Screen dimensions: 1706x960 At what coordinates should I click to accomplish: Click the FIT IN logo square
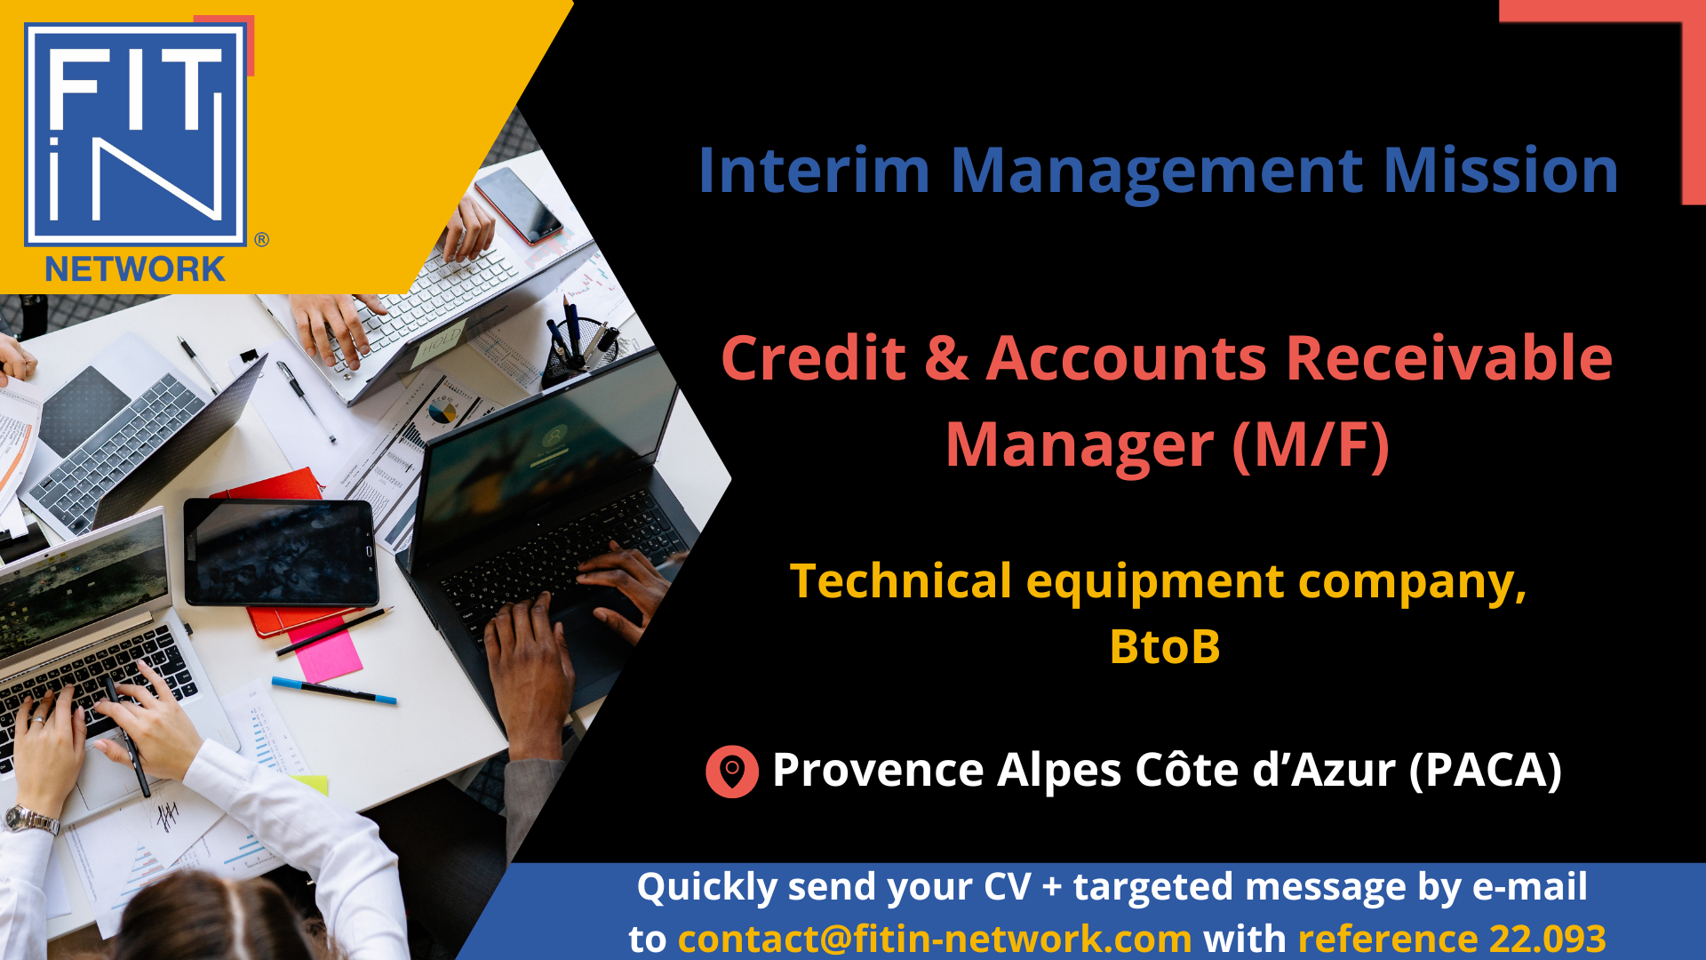(135, 133)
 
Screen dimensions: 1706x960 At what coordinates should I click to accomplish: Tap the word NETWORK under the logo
(135, 269)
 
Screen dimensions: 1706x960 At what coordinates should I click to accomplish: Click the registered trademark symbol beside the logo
(261, 239)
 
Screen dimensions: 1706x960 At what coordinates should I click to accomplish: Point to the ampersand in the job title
(946, 358)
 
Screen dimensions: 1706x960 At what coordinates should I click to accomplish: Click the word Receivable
(1448, 358)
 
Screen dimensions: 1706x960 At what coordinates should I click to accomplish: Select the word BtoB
(1165, 646)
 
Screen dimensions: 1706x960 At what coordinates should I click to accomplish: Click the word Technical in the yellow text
(901, 581)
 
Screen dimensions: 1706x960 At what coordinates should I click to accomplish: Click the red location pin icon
(732, 771)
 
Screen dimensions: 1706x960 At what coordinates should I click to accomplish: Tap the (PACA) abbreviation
(1486, 770)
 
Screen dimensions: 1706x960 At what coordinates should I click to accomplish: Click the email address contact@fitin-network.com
(935, 939)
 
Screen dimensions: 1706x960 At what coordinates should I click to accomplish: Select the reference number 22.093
(1548, 939)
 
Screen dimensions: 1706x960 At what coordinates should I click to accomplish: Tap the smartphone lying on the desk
(518, 204)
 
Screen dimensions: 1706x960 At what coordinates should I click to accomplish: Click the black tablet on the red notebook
(282, 552)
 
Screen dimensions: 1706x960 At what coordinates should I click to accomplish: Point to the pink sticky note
(325, 650)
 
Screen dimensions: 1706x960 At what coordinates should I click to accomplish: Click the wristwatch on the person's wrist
(31, 819)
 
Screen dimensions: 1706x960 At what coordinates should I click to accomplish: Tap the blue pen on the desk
(334, 691)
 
